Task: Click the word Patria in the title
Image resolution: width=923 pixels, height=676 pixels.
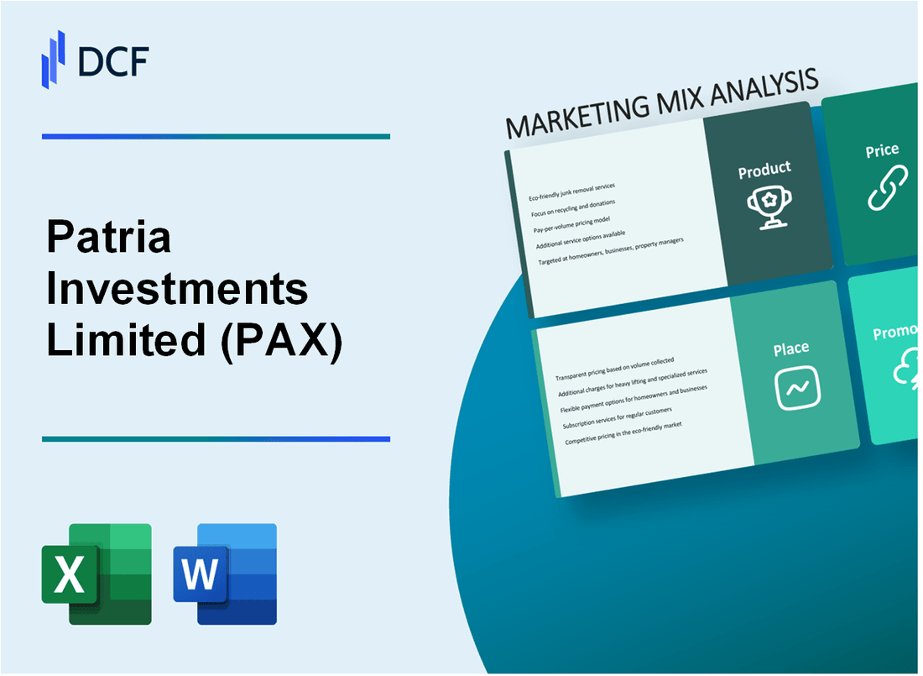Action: [x=109, y=238]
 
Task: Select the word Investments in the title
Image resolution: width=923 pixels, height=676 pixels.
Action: [x=177, y=291]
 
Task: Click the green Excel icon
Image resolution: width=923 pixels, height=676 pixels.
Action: [x=96, y=574]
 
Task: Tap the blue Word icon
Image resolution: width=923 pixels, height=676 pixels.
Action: [x=225, y=574]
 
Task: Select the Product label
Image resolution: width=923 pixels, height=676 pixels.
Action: [x=764, y=170]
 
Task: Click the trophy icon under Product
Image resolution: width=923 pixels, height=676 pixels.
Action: [x=765, y=204]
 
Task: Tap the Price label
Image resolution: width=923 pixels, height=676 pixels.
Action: [x=882, y=151]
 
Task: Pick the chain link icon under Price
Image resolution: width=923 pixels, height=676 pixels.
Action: [x=886, y=187]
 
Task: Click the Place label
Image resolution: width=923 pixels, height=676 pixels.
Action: [x=791, y=348]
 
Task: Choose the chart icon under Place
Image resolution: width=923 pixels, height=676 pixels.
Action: [x=797, y=387]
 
